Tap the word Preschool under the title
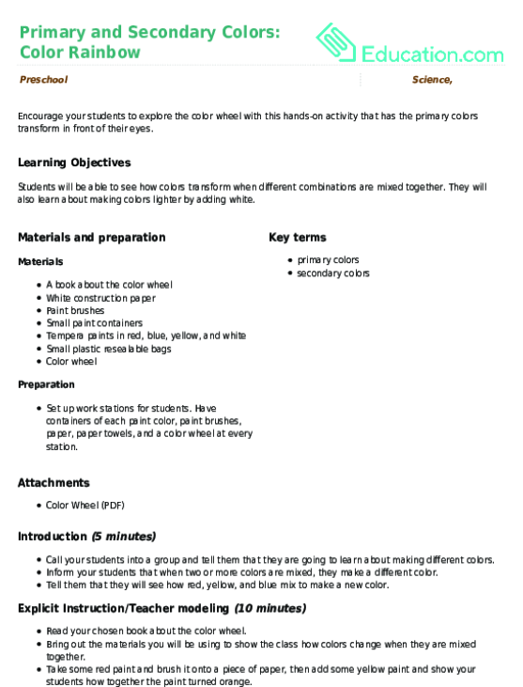[43, 80]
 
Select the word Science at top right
[433, 80]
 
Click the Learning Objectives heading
[74, 163]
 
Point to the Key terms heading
[298, 238]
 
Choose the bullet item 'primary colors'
[328, 259]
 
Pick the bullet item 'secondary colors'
[333, 273]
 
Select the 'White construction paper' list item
[101, 297]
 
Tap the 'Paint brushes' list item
[75, 310]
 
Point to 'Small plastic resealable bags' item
[109, 349]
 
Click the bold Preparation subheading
[46, 384]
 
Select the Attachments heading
[54, 482]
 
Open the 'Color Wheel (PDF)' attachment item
[85, 505]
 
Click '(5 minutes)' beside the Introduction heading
[123, 537]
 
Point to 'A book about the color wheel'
[109, 284]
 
